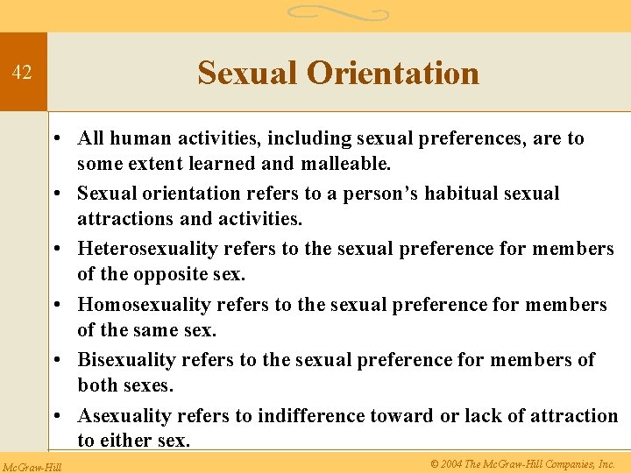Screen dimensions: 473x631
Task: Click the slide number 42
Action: click(22, 73)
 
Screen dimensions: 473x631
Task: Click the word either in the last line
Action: click(128, 441)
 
